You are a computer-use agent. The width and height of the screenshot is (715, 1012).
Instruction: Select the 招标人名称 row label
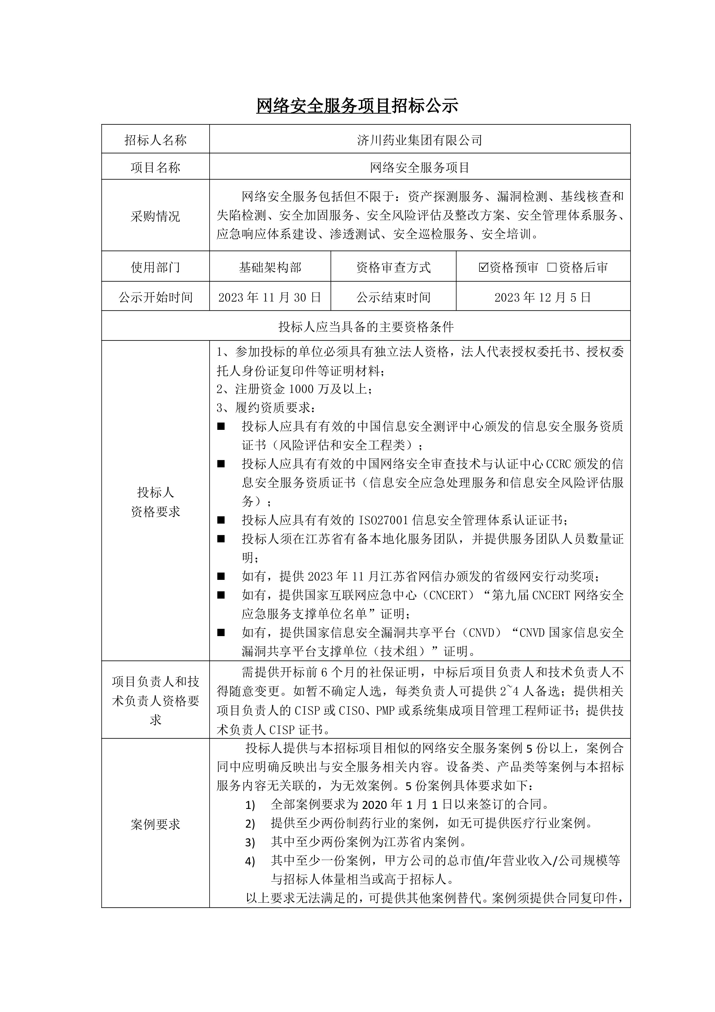(x=155, y=140)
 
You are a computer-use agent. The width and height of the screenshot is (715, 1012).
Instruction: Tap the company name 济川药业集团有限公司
(x=419, y=140)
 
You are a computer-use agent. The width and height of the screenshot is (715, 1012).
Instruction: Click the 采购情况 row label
(x=155, y=216)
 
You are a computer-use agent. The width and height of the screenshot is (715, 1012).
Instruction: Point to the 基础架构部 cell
(x=270, y=267)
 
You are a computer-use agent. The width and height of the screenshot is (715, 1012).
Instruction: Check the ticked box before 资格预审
(x=483, y=267)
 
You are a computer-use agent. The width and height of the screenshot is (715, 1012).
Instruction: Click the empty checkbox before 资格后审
(x=552, y=267)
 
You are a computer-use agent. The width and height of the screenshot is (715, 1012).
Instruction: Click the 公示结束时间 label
(x=394, y=297)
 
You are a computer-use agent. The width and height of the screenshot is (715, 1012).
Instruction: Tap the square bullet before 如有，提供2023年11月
(x=221, y=576)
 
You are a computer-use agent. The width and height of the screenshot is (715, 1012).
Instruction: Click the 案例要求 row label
(x=155, y=824)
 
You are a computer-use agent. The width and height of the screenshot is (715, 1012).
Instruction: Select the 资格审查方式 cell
(x=394, y=267)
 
